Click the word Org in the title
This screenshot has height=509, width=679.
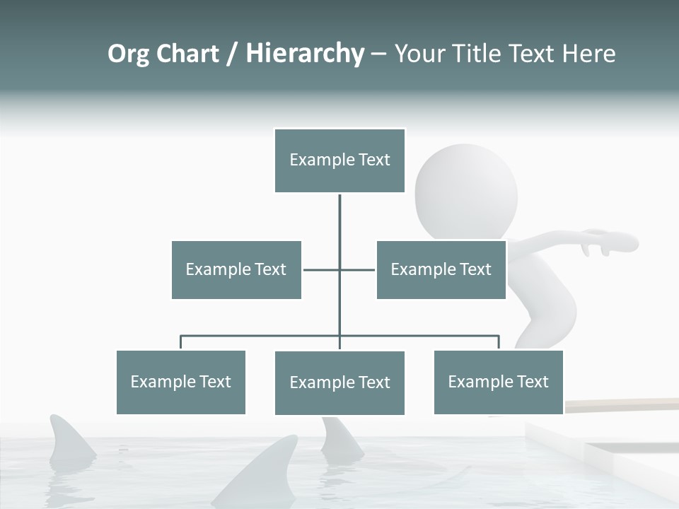128,54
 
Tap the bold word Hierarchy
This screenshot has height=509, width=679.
305,54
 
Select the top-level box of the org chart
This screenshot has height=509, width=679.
339,160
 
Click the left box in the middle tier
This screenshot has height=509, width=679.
236,269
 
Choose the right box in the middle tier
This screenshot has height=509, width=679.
441,269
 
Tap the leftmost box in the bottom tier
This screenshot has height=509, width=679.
180,382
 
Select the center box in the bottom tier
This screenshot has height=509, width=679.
339,382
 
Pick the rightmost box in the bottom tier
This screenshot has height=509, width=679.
499,382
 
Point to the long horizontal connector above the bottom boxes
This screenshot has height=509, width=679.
262,336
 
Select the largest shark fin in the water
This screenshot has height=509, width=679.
262,470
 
